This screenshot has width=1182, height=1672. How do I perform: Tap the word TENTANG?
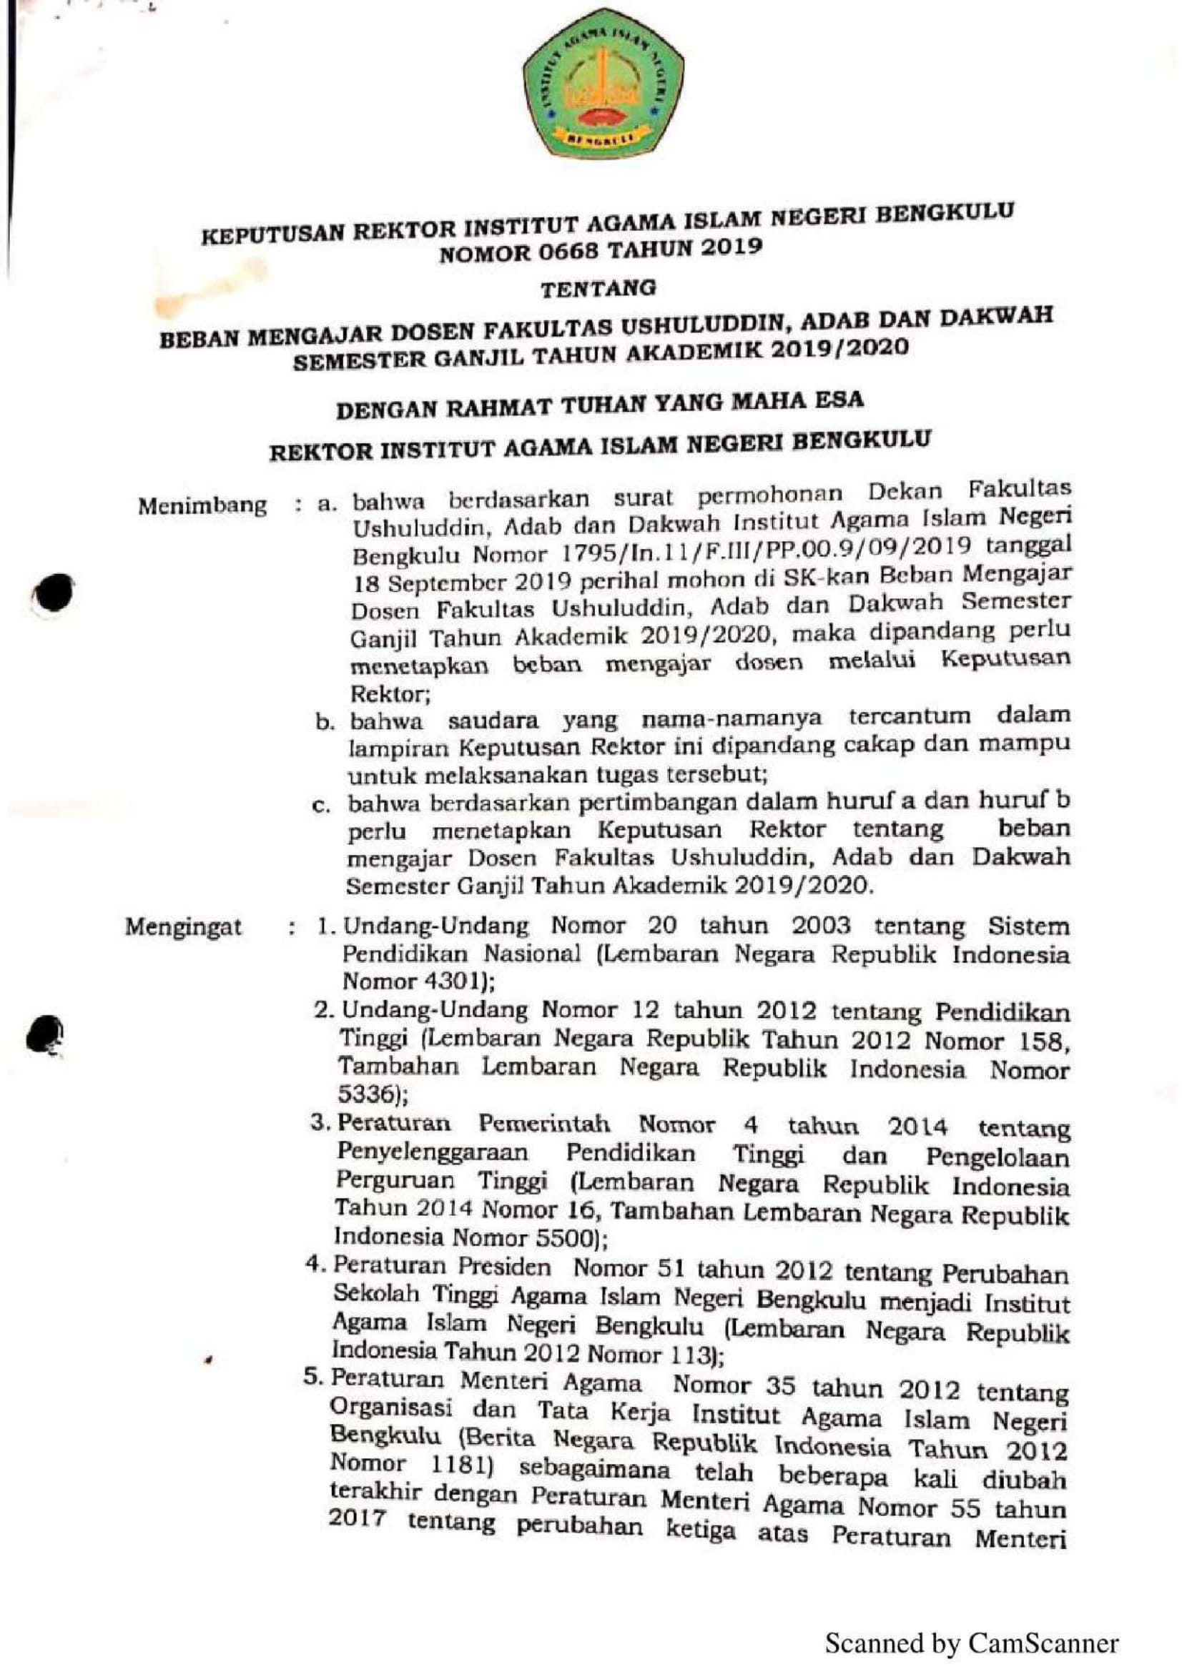[597, 288]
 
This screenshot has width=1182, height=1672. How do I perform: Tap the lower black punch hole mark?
[45, 1034]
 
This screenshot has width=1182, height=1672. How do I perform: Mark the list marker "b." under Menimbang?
[325, 723]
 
